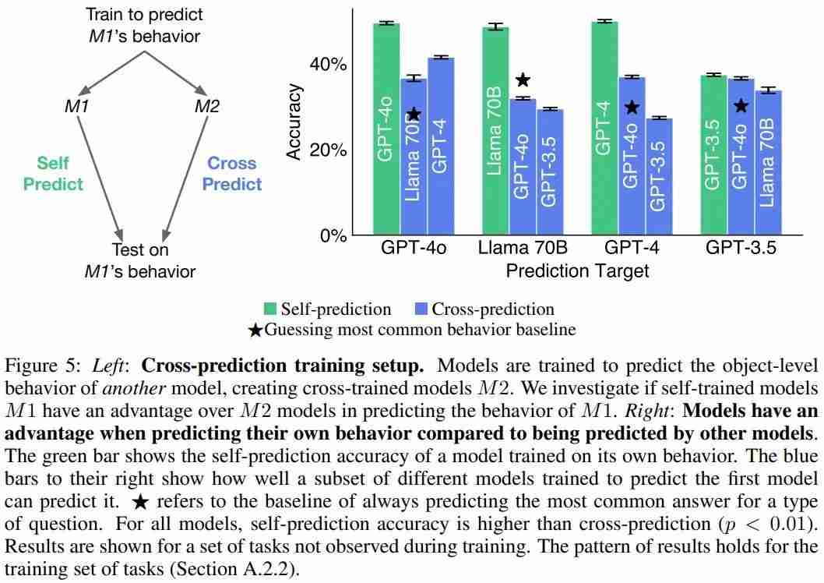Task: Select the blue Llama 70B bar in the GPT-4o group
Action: [x=414, y=156]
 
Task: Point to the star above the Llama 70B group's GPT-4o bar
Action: [x=523, y=79]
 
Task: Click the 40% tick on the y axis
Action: [x=329, y=64]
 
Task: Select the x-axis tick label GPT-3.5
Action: [x=742, y=249]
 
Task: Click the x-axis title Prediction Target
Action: [x=577, y=270]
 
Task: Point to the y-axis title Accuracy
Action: [x=294, y=121]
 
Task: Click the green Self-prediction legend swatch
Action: [x=269, y=309]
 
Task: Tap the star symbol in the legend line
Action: [x=255, y=330]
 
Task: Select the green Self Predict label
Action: [x=53, y=174]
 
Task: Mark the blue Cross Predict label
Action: [x=232, y=174]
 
